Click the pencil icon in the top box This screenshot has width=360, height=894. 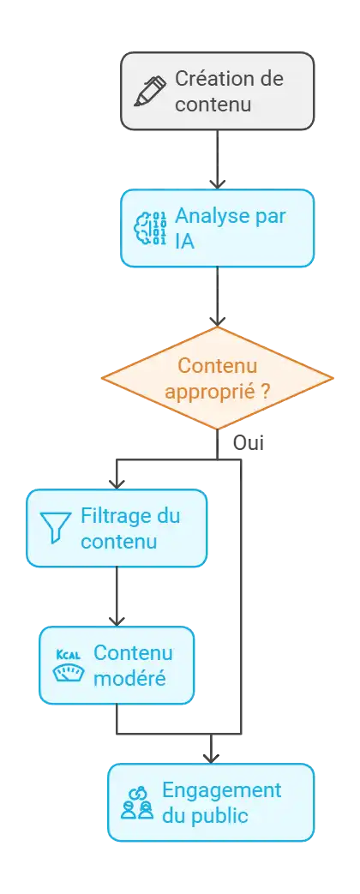[150, 91]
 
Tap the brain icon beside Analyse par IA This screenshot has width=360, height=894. [150, 228]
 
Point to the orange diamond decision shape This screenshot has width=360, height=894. [217, 378]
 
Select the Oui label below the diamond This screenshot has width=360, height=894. [249, 443]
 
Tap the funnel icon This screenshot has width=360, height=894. [56, 527]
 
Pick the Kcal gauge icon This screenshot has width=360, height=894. [68, 665]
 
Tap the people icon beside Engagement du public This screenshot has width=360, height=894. [137, 803]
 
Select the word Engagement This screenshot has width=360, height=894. [221, 791]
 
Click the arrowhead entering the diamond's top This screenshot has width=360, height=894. [217, 321]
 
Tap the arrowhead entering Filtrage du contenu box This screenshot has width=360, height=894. [117, 483]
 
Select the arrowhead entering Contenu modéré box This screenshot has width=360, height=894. [117, 621]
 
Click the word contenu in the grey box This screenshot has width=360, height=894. [213, 105]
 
